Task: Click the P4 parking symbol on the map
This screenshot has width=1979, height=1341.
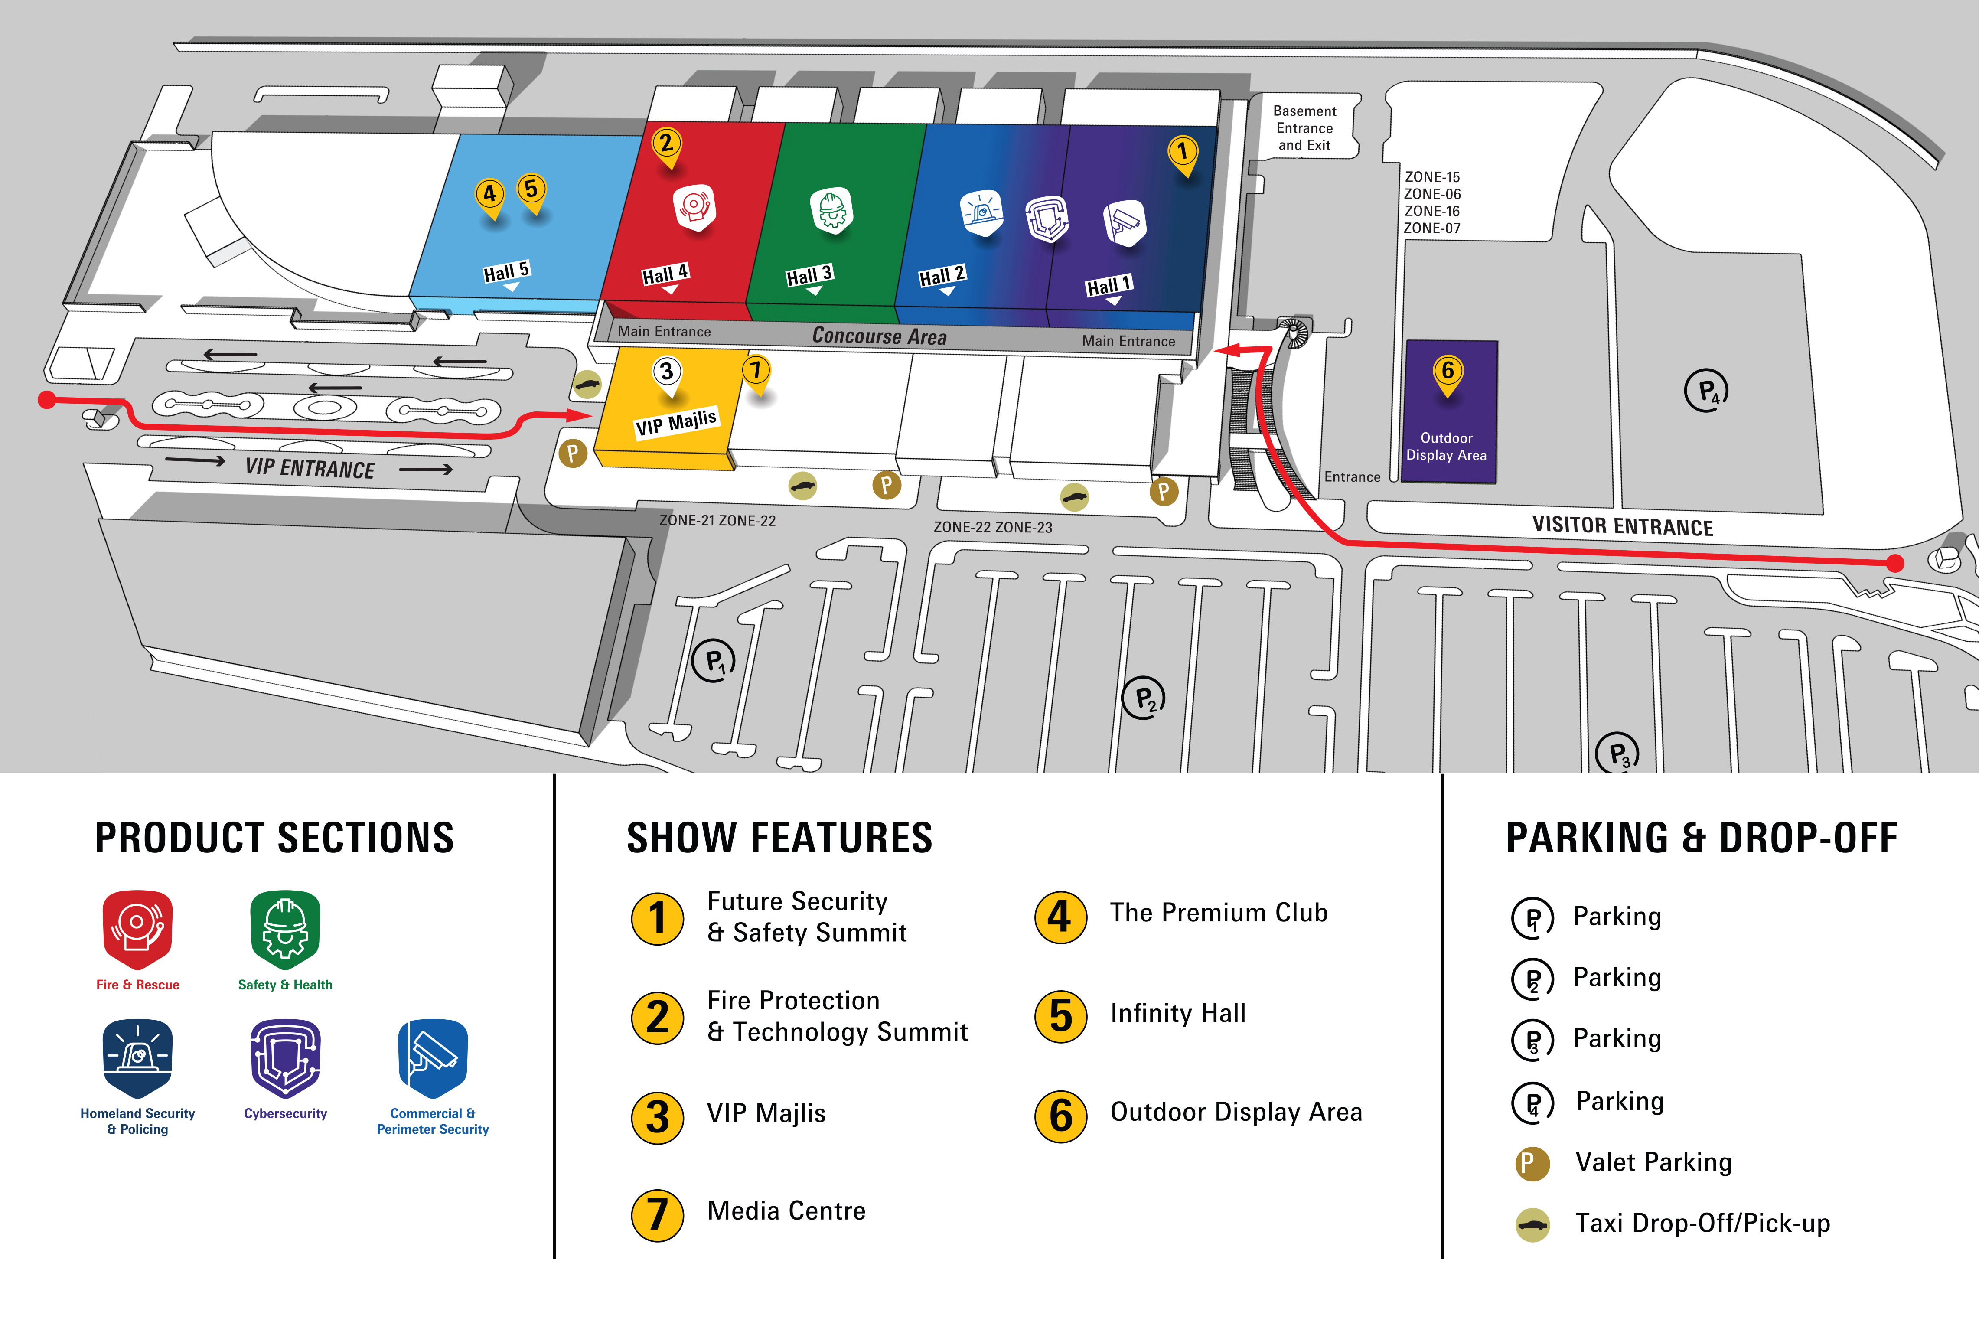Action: coord(1706,391)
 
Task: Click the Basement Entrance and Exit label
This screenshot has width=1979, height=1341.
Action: coord(1304,128)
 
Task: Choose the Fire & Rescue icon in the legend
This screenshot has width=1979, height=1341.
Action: coord(138,930)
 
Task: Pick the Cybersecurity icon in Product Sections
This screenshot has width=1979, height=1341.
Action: coord(285,1058)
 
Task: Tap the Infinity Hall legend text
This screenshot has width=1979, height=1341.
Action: coord(1178,1013)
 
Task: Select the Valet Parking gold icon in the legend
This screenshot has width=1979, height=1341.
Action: coord(1532,1163)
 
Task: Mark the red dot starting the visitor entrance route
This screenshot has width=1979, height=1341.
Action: coord(1895,563)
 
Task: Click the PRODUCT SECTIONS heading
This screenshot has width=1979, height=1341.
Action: coord(274,838)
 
